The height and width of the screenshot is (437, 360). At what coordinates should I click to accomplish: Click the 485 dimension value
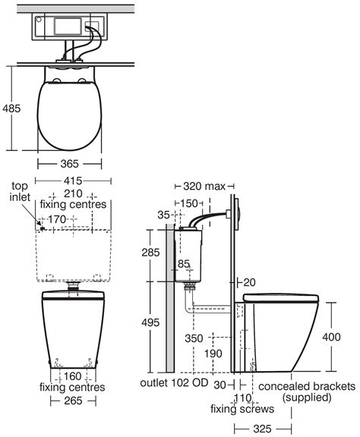click(11, 108)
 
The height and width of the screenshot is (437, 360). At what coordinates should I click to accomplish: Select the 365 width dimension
click(69, 164)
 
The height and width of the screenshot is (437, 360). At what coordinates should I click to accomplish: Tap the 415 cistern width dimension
click(73, 181)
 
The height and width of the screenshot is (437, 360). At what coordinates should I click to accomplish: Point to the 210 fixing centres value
click(73, 193)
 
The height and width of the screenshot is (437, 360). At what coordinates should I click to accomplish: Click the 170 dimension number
click(57, 219)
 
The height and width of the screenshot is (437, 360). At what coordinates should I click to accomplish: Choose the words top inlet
click(20, 191)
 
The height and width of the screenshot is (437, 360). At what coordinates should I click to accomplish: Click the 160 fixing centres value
click(73, 376)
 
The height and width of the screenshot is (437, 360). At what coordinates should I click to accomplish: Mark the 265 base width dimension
click(73, 401)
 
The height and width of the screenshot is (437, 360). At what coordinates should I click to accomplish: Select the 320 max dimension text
click(204, 186)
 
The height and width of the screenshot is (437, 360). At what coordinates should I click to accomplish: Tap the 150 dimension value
click(188, 203)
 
